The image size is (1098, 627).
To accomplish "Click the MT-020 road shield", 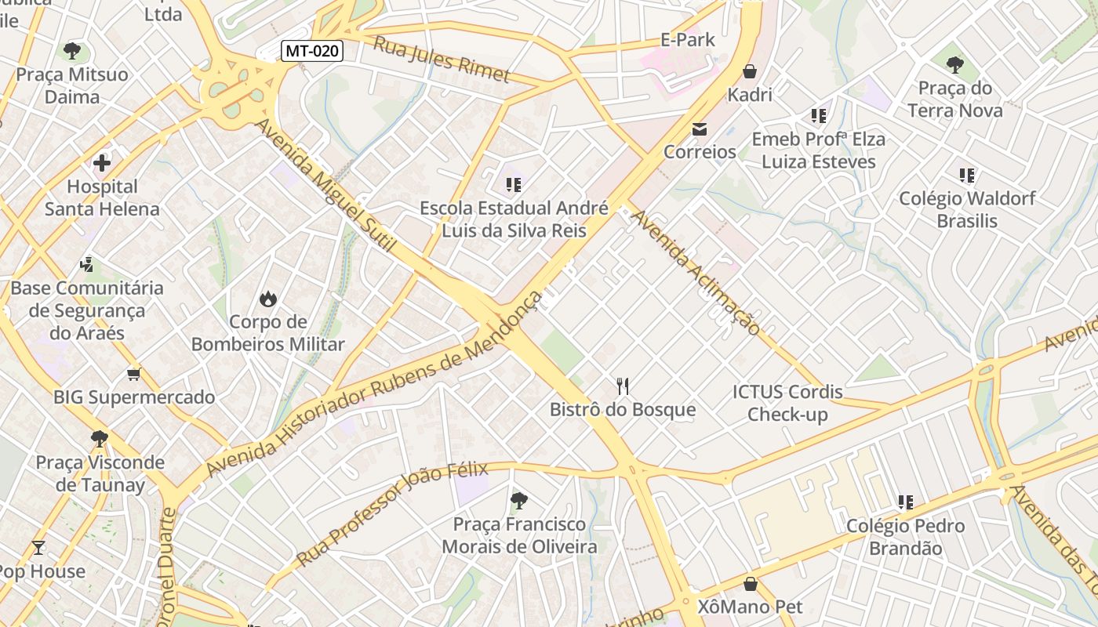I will pyautogui.click(x=312, y=52).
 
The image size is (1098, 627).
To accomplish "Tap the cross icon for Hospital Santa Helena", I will pyautogui.click(x=102, y=163).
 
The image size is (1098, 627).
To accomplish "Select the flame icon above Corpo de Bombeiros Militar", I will pyautogui.click(x=268, y=299).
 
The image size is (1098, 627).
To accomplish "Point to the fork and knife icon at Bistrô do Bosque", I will pyautogui.click(x=623, y=386).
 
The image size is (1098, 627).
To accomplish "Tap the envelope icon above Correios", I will pyautogui.click(x=700, y=129).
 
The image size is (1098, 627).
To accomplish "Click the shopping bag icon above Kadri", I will pyautogui.click(x=750, y=71).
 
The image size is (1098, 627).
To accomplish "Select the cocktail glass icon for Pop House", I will pyautogui.click(x=38, y=547).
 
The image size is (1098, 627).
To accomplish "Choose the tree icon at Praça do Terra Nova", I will pyautogui.click(x=954, y=64).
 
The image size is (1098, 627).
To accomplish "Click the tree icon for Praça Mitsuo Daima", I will pyautogui.click(x=72, y=52).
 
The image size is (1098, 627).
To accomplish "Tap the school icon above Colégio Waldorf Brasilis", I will pyautogui.click(x=967, y=176).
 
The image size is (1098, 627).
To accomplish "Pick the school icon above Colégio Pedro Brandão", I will pyautogui.click(x=906, y=502).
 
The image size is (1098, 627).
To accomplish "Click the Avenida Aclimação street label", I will pyautogui.click(x=696, y=271).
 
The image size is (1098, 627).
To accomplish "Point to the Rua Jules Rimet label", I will pyautogui.click(x=441, y=60).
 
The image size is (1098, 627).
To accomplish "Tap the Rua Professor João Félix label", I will pyautogui.click(x=391, y=513).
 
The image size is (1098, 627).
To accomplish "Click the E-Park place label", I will pyautogui.click(x=687, y=40).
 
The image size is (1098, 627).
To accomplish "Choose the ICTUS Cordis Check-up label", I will pyautogui.click(x=787, y=403).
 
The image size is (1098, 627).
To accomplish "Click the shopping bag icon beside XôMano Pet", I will pyautogui.click(x=751, y=584).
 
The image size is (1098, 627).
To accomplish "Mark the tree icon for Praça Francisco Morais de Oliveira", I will pyautogui.click(x=518, y=500).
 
